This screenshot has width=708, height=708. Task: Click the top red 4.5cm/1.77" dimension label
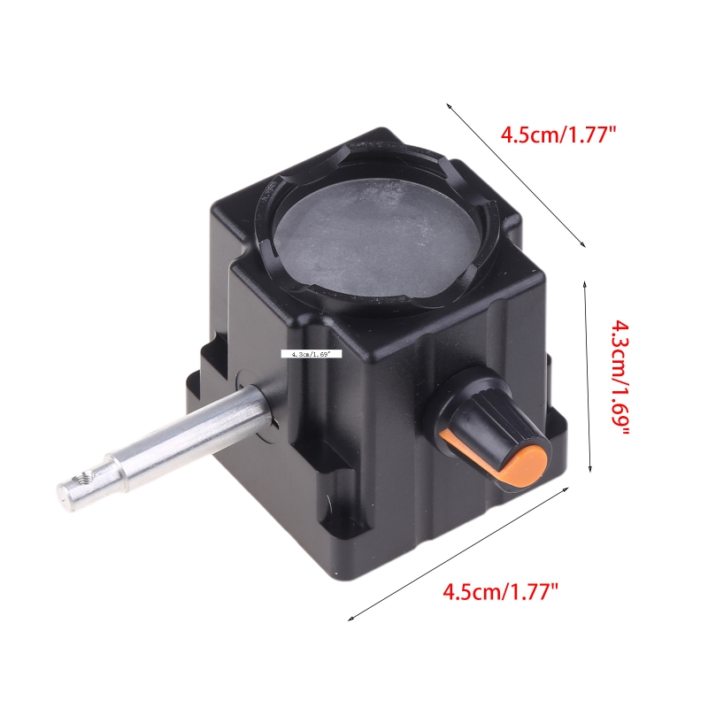click(x=558, y=135)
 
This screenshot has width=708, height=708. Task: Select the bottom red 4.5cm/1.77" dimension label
click(x=501, y=590)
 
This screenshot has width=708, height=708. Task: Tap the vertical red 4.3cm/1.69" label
click(x=617, y=377)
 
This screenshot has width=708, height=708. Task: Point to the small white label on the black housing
click(x=311, y=353)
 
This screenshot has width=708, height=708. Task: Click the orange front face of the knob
click(x=528, y=464)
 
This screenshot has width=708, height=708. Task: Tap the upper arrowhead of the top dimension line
click(x=449, y=105)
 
